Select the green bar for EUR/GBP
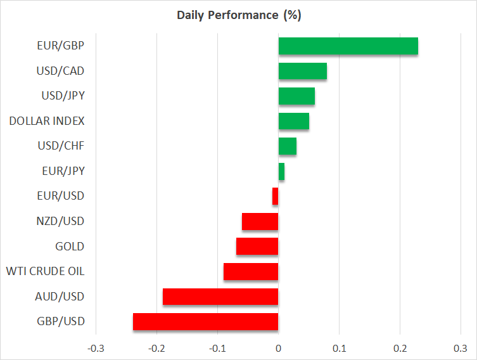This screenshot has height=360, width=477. click(x=348, y=46)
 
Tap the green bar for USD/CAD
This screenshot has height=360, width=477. click(x=303, y=71)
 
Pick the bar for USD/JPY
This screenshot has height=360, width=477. click(x=296, y=96)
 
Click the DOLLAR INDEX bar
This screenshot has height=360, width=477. click(x=294, y=121)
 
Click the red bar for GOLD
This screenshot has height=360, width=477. click(x=257, y=246)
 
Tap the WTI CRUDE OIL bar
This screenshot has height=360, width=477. click(x=251, y=271)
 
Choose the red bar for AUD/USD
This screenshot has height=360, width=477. click(x=220, y=296)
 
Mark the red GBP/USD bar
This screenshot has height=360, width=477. click(x=205, y=321)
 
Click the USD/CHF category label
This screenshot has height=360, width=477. click(x=61, y=146)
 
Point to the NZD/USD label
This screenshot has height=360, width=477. click(x=61, y=221)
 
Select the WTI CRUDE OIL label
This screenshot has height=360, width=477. click(x=45, y=271)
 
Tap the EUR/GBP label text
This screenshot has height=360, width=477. click(x=61, y=46)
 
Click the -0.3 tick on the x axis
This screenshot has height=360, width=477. click(x=96, y=348)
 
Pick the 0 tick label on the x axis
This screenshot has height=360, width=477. click(x=278, y=348)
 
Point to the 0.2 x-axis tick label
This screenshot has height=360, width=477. click(x=400, y=348)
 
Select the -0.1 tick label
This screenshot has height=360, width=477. click(x=217, y=348)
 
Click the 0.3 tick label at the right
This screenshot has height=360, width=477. click(x=461, y=348)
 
